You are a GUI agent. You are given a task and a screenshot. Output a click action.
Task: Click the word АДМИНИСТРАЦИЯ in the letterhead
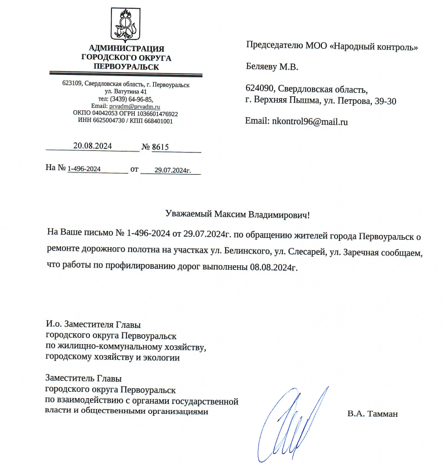pyautogui.click(x=126, y=48)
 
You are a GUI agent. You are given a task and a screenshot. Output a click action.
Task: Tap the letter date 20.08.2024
pyautogui.click(x=92, y=146)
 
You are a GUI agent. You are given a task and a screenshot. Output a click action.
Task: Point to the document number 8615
pyautogui.click(x=160, y=147)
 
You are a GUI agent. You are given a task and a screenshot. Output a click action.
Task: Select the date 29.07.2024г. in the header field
pyautogui.click(x=169, y=169)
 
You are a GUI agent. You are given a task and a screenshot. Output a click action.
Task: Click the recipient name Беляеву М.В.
pyautogui.click(x=272, y=67)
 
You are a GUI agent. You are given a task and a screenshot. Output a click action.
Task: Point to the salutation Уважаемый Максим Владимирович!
pyautogui.click(x=237, y=214)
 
